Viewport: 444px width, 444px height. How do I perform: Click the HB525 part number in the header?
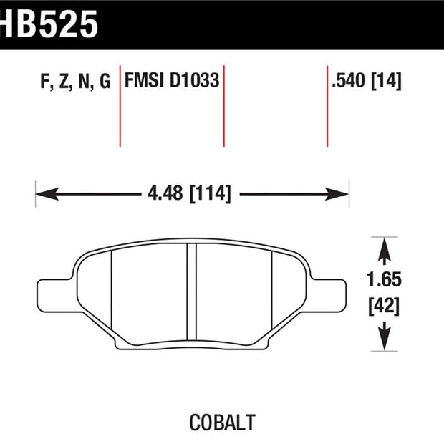[x=49, y=24]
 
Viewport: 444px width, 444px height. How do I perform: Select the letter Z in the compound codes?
[x=64, y=82]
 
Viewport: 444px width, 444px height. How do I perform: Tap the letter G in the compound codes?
[x=105, y=81]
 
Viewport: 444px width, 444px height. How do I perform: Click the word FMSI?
[x=144, y=80]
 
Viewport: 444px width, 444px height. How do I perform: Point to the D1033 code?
[x=195, y=80]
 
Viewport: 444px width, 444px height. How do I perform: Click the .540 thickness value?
[x=349, y=80]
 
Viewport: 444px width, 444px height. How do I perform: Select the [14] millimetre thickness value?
[x=386, y=81]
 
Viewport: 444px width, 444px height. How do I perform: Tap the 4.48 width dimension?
[x=165, y=193]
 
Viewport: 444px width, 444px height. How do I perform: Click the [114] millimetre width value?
[x=210, y=193]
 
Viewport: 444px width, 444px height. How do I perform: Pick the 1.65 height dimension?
[x=384, y=279]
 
